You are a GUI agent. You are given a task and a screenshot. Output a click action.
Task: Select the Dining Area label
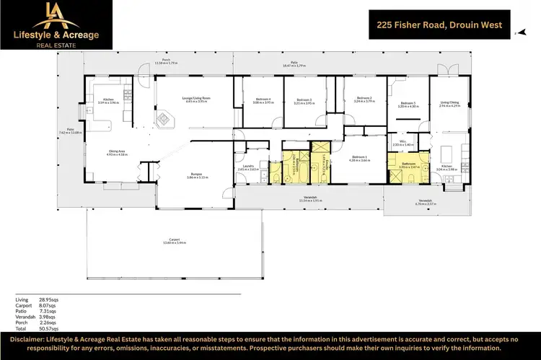[x=117, y=152]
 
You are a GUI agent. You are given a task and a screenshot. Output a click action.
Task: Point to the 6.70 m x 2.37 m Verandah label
[x=425, y=201]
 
